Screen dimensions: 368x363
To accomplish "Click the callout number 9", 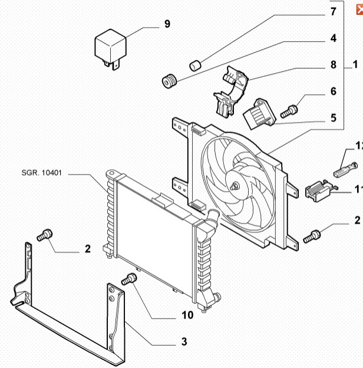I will (167, 24).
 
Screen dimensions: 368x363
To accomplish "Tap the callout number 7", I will (333, 11).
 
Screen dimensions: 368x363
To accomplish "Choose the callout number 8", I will (333, 64).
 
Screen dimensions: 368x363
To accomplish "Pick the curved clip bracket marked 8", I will (228, 91).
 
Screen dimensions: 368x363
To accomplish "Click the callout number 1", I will (355, 64).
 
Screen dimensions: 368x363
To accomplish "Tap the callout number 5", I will (333, 118).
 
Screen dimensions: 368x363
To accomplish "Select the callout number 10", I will (187, 315).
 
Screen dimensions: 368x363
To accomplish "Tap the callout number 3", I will (183, 341).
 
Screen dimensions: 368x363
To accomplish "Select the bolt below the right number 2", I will (312, 236).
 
